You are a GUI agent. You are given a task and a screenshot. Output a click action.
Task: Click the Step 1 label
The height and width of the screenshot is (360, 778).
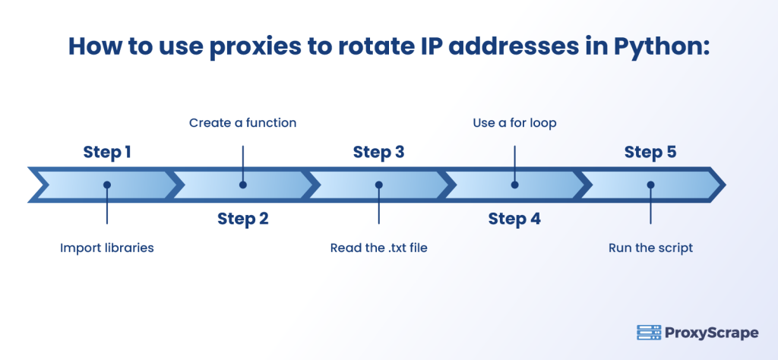coord(107,152)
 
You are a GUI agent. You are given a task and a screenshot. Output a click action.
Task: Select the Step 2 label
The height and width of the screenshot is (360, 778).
coord(242,219)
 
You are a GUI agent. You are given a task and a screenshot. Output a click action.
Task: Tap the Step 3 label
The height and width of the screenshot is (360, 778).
coord(378,152)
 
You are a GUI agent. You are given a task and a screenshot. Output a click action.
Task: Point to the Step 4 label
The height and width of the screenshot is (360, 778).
coord(514,219)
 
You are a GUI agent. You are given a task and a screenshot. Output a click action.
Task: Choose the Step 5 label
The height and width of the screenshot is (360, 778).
coord(650,152)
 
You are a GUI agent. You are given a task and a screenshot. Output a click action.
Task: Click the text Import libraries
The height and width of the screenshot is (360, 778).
coord(107,248)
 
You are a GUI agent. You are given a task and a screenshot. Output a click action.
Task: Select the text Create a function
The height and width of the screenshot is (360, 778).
coord(242,122)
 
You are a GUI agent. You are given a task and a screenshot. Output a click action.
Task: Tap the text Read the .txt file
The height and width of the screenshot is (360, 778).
coord(378,248)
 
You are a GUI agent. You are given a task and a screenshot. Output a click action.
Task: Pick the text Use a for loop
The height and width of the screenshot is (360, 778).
coord(514,122)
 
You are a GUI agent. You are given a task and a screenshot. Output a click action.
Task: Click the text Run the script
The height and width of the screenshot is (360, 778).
coord(650,248)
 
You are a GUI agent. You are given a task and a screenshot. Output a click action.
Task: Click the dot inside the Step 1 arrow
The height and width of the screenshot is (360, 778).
coord(107,185)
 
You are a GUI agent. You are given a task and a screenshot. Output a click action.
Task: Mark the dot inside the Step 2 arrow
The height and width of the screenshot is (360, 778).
coord(242,185)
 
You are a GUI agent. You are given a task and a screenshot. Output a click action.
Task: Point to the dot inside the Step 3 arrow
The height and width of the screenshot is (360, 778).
coord(378,185)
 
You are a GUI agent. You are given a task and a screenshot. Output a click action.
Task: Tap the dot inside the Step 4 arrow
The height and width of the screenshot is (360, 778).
coord(514,185)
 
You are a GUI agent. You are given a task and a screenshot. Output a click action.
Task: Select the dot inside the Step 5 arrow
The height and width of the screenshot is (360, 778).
coord(650,185)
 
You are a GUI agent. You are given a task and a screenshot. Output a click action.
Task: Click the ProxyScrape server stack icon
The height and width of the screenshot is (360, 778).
coord(648,333)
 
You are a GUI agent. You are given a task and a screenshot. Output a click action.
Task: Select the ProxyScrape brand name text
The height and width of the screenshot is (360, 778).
coord(711,333)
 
